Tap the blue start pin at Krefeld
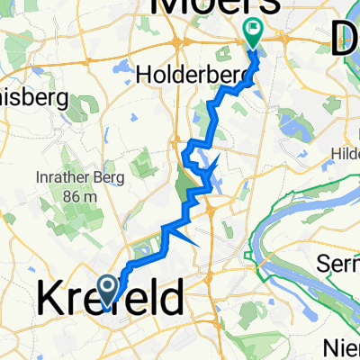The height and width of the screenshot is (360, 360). tap(107, 290)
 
